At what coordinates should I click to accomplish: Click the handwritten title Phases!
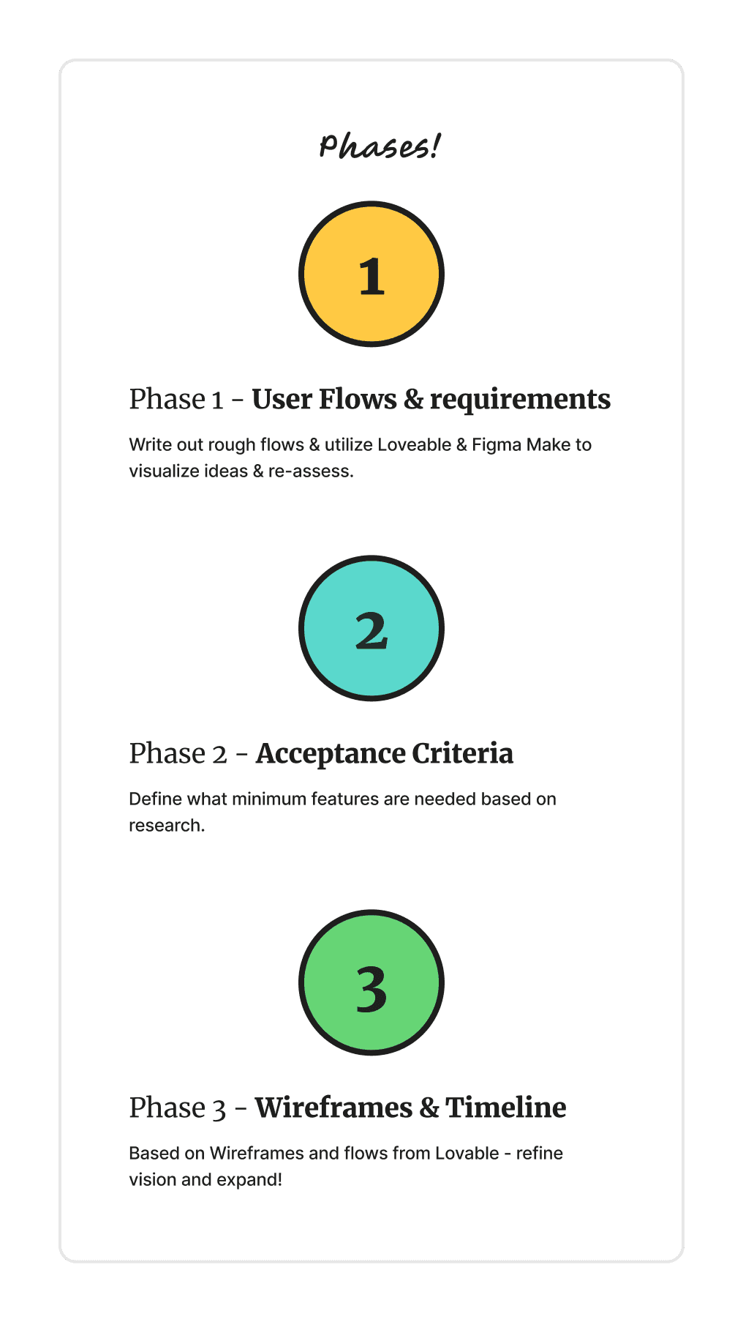(380, 146)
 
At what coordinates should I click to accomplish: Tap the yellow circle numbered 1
(371, 274)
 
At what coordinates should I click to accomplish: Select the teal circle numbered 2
(371, 628)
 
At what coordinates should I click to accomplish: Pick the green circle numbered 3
(371, 982)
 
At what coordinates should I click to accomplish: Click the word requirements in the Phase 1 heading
(520, 400)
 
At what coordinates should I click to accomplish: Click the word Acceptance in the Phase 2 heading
(331, 754)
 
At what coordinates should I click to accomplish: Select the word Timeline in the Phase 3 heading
(506, 1108)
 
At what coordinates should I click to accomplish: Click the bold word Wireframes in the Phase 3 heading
(333, 1108)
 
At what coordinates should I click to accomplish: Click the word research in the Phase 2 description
(166, 826)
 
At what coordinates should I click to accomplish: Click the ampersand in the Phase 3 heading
(429, 1108)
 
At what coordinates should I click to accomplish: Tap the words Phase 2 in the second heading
(178, 754)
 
